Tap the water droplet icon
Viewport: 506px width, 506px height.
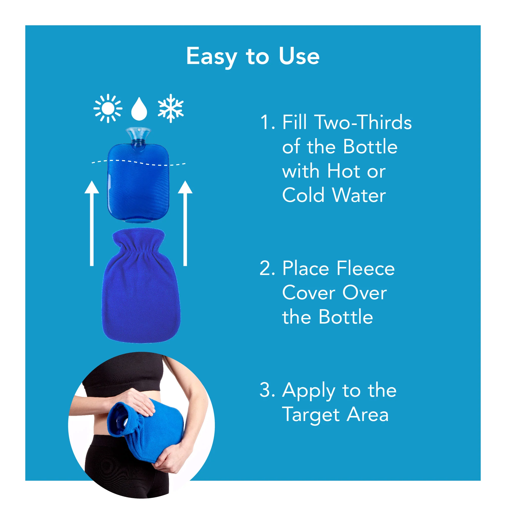pyautogui.click(x=139, y=110)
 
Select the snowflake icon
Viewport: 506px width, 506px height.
pyautogui.click(x=171, y=109)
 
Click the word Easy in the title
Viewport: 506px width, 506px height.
pyautogui.click(x=211, y=57)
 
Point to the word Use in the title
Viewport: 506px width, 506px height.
pyautogui.click(x=299, y=56)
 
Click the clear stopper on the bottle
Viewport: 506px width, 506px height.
pyautogui.click(x=138, y=134)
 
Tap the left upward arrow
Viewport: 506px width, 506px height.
pyautogui.click(x=92, y=223)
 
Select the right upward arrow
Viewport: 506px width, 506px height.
pyautogui.click(x=185, y=223)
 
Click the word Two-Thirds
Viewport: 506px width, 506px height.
pyautogui.click(x=364, y=122)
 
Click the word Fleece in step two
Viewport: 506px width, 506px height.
pyautogui.click(x=366, y=269)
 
